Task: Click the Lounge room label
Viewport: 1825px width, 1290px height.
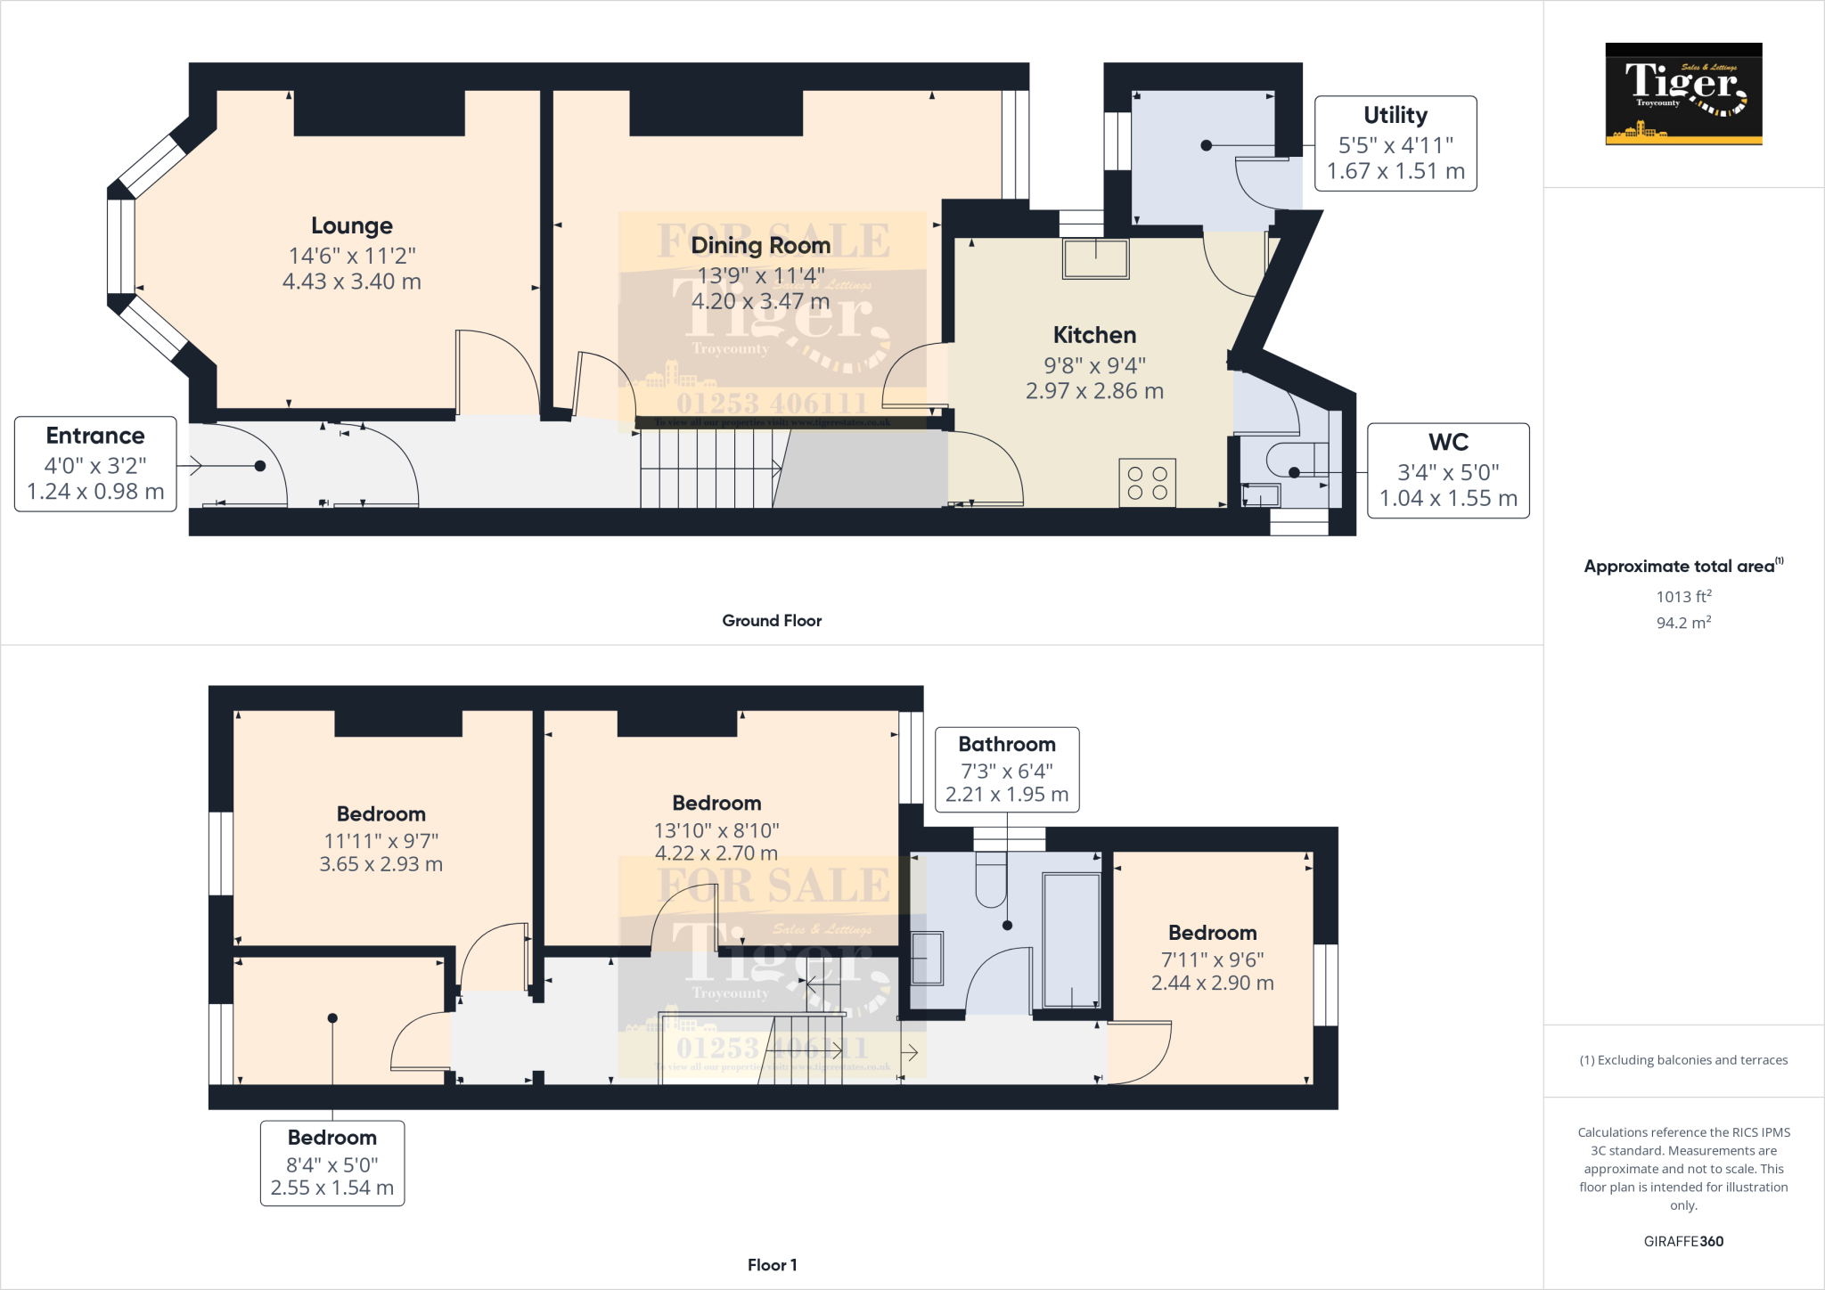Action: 351,226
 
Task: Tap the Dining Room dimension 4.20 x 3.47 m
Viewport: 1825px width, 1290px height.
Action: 760,302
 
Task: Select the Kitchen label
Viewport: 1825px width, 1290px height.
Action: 1094,336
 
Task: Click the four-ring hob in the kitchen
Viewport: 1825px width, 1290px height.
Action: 1147,483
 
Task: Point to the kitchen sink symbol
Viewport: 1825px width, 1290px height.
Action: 1095,258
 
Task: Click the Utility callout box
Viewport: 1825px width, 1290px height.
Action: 1395,143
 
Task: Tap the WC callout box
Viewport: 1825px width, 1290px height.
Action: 1447,470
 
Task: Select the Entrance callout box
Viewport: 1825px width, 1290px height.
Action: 95,464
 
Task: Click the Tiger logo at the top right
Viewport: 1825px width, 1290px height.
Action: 1682,94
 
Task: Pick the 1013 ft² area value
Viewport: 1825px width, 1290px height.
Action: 1683,596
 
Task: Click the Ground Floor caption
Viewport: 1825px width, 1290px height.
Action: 772,621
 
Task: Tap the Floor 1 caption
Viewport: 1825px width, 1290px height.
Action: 772,1265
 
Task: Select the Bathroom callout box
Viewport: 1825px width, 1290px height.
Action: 1006,770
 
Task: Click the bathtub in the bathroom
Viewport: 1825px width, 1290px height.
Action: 1071,940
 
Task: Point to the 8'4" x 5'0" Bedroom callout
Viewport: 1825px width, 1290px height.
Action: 331,1163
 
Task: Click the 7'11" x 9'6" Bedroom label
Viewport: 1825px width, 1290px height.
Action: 1212,934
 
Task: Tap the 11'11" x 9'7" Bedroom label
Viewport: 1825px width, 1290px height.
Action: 381,814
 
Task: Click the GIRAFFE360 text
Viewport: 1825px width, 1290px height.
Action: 1682,1241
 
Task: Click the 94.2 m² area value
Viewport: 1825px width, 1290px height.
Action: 1683,623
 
